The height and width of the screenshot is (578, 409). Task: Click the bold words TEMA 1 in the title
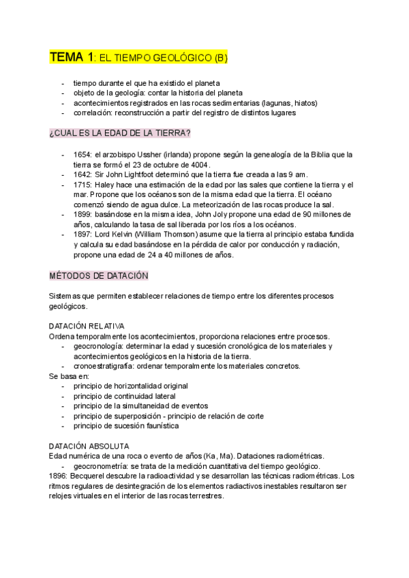pos(70,58)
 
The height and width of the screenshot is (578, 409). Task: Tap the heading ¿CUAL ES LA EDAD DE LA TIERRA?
pos(119,132)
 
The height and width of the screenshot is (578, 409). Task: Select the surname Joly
pos(216,215)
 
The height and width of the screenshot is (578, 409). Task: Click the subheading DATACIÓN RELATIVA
pos(87,326)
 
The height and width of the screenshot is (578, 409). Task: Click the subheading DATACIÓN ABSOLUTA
pos(89,446)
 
